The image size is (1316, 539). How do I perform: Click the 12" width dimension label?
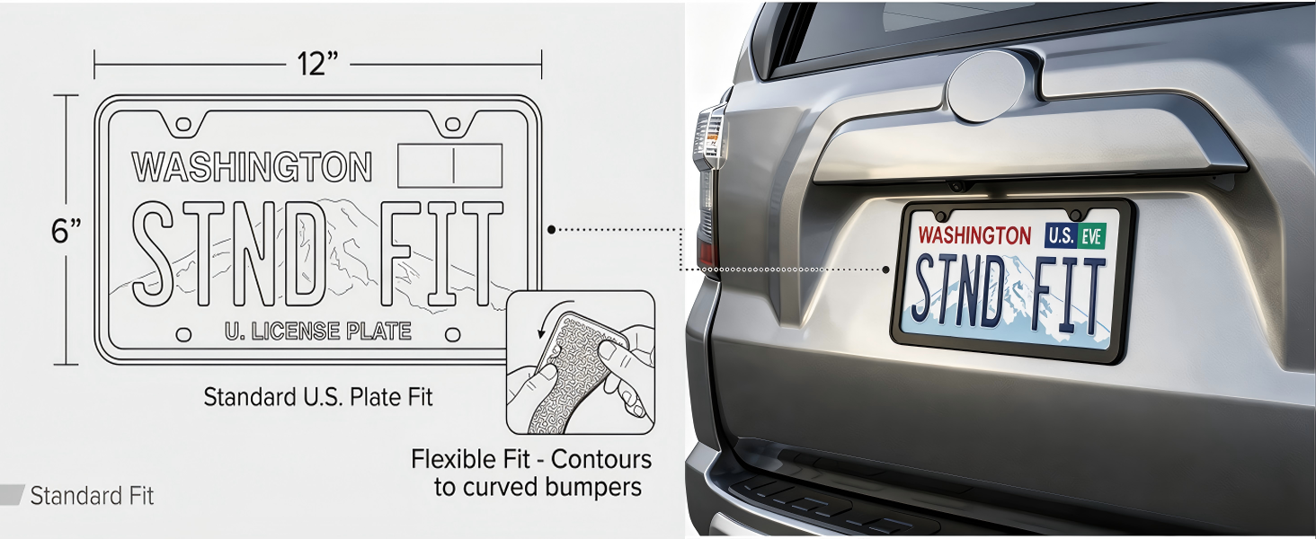coord(318,64)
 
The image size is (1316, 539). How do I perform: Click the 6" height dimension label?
coord(66,231)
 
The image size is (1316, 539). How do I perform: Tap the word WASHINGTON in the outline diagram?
coord(252,167)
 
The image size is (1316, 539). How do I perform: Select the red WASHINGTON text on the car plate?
coord(974,235)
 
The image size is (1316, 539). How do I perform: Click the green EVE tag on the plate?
coord(1093,236)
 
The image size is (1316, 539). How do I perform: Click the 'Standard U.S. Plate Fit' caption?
coord(318,397)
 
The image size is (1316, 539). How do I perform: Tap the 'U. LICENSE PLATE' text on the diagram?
coord(318,331)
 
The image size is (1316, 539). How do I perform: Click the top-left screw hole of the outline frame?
coord(183,125)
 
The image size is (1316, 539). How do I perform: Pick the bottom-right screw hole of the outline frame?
coord(452,335)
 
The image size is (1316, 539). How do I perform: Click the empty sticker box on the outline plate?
coord(450,165)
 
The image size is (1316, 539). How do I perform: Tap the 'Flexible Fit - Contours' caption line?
coord(531,459)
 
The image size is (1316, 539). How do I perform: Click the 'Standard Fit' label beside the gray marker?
coord(92,496)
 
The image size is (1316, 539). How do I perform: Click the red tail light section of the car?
coord(708,255)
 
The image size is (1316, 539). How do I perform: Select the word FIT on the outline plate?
coord(441,253)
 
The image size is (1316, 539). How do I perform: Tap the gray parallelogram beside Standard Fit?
coord(12,495)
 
